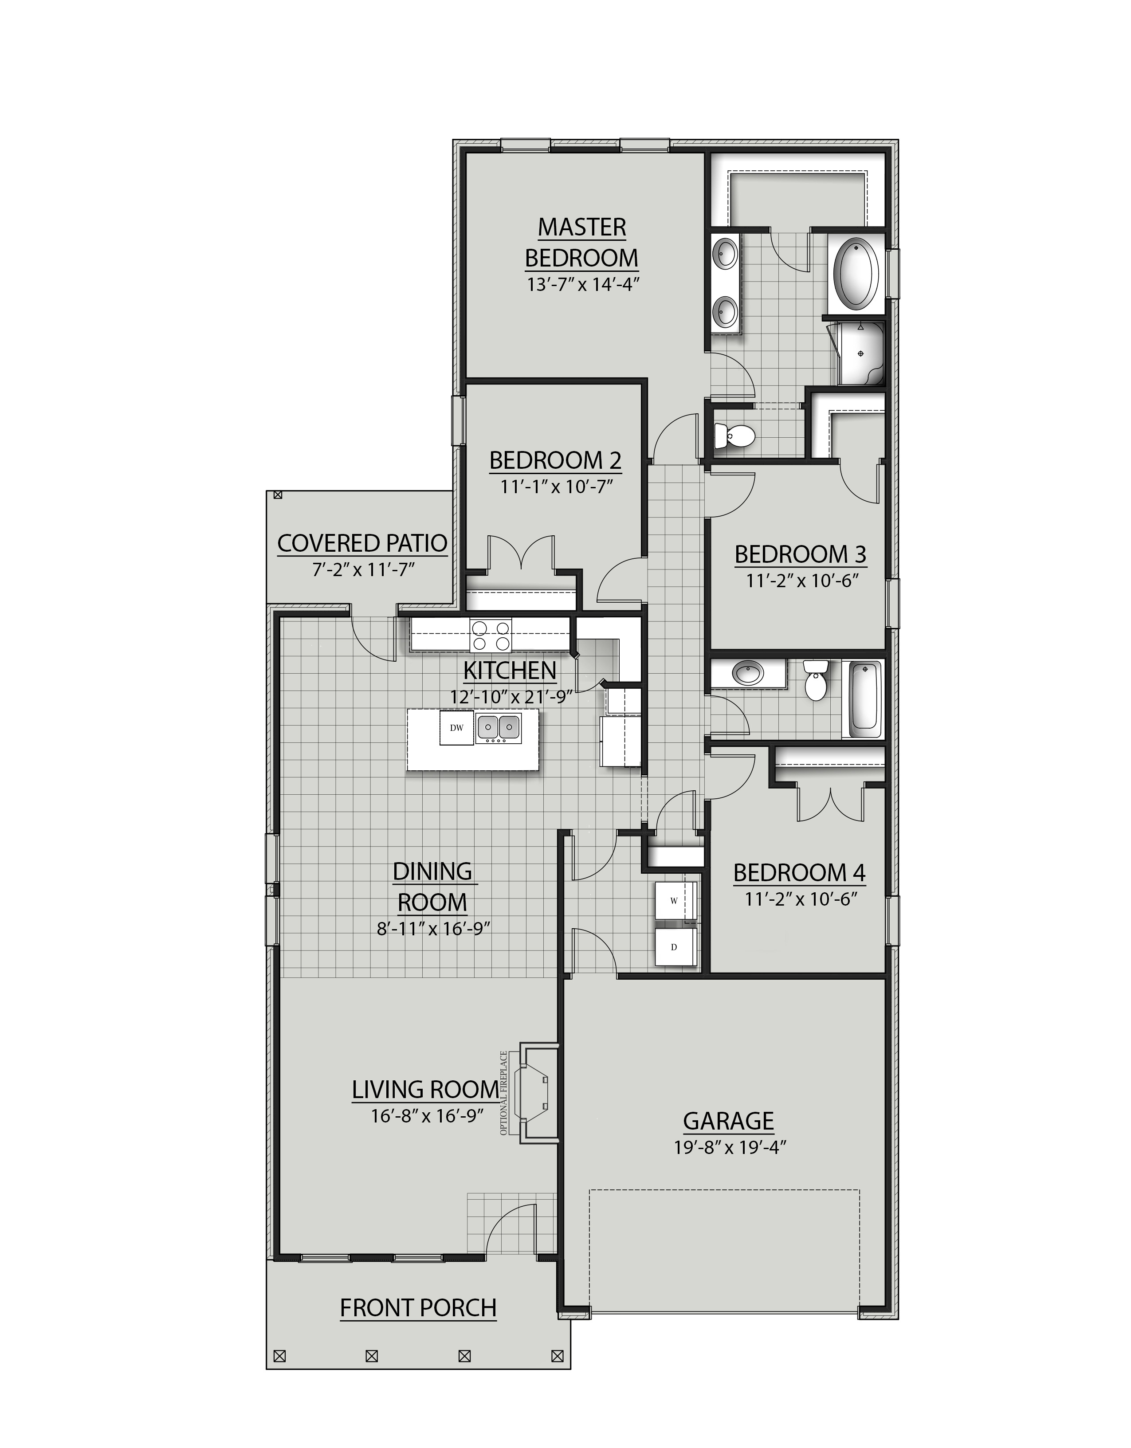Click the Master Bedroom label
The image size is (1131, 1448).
click(x=581, y=243)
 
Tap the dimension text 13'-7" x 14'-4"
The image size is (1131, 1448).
click(x=581, y=285)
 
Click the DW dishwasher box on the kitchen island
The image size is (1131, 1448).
click(x=456, y=727)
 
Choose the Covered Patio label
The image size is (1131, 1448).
click(x=362, y=544)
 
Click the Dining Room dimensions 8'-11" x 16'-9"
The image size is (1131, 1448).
click(x=433, y=929)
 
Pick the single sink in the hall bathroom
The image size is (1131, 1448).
click(x=748, y=674)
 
